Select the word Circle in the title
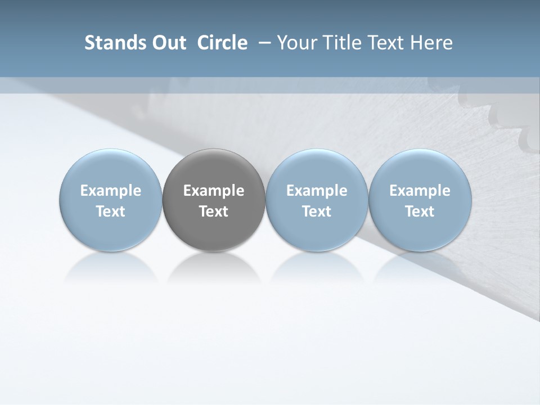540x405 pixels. tap(222, 43)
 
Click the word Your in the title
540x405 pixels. tap(294, 43)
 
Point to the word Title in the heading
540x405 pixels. tap(336, 43)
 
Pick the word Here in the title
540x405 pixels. tap(431, 43)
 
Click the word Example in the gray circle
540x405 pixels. tap(214, 191)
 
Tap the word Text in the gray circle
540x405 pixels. tap(214, 211)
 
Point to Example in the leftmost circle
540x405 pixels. tap(111, 191)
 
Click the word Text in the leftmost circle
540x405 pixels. tap(111, 211)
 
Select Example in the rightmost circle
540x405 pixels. tap(420, 191)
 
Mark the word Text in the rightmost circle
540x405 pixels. tap(420, 211)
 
